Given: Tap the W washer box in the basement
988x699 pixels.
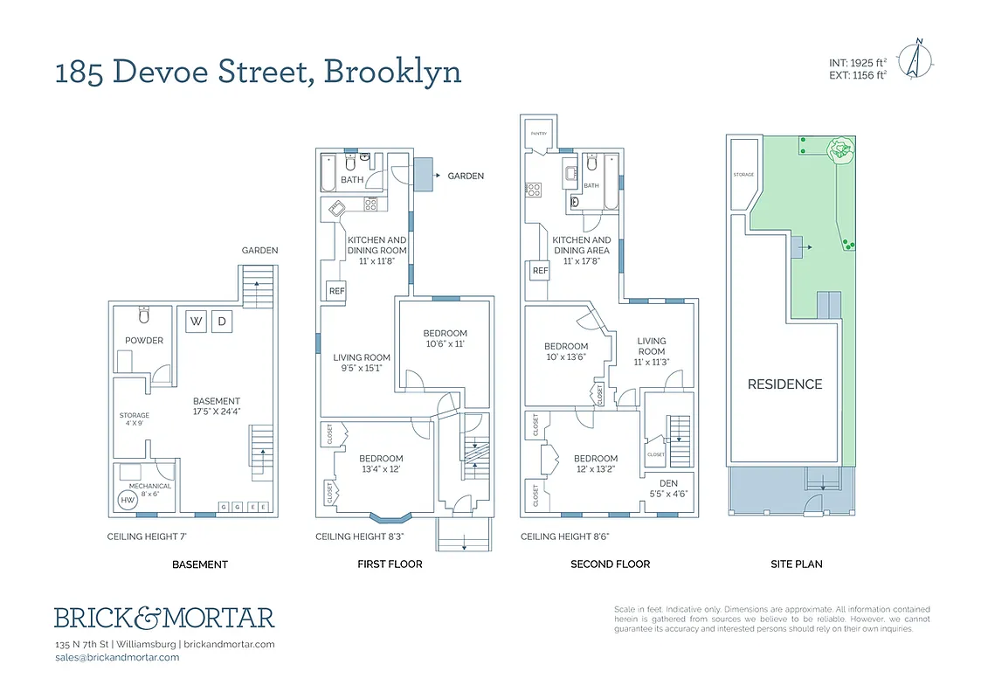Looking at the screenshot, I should (197, 322).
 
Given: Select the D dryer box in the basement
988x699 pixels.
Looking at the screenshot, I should (222, 322).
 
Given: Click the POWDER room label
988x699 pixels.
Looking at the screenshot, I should (144, 341).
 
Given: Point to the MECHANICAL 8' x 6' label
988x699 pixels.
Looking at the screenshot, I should (149, 490).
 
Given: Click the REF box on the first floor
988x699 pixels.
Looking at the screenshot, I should (335, 292).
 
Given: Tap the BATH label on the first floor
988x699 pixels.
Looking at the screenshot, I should (352, 180).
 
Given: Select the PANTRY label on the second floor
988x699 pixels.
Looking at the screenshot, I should (538, 134).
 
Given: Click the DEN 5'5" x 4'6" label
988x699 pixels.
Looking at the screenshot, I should (669, 488).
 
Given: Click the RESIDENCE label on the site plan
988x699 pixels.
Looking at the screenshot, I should (784, 384).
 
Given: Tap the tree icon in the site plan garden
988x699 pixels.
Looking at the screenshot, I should (840, 150).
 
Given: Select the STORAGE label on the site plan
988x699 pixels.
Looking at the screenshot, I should (743, 175).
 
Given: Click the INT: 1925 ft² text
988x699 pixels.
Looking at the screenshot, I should (858, 63).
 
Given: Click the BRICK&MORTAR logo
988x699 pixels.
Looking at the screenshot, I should (164, 618).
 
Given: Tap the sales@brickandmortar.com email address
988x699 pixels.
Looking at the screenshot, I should (116, 657).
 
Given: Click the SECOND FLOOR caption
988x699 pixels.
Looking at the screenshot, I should (610, 564).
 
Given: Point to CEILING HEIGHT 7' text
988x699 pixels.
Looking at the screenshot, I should (147, 536).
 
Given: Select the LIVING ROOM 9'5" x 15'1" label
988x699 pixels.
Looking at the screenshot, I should (362, 362).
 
